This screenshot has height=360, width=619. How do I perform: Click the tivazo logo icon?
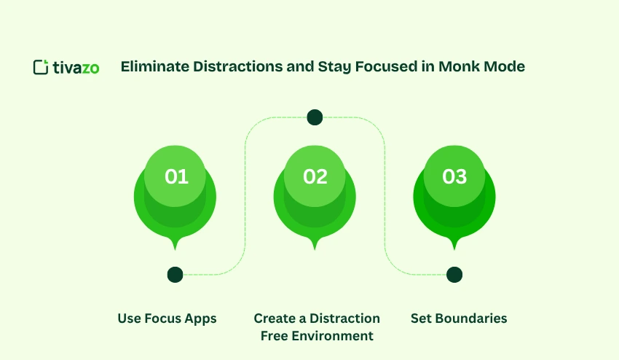(41, 67)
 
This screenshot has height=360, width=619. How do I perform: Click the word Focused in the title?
(383, 67)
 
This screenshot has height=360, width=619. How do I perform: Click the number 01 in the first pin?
(176, 176)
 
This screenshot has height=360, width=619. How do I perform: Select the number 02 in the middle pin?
(315, 176)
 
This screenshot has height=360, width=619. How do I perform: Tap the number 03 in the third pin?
(454, 176)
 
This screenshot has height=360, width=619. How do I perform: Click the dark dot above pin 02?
(315, 117)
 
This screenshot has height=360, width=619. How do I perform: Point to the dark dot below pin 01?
(175, 275)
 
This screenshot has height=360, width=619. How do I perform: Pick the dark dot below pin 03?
(454, 275)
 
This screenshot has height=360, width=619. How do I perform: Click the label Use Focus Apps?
(167, 318)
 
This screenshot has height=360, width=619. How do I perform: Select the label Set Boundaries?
(459, 318)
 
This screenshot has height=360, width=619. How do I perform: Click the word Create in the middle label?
(275, 318)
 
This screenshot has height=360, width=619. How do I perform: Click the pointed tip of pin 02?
(315, 249)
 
